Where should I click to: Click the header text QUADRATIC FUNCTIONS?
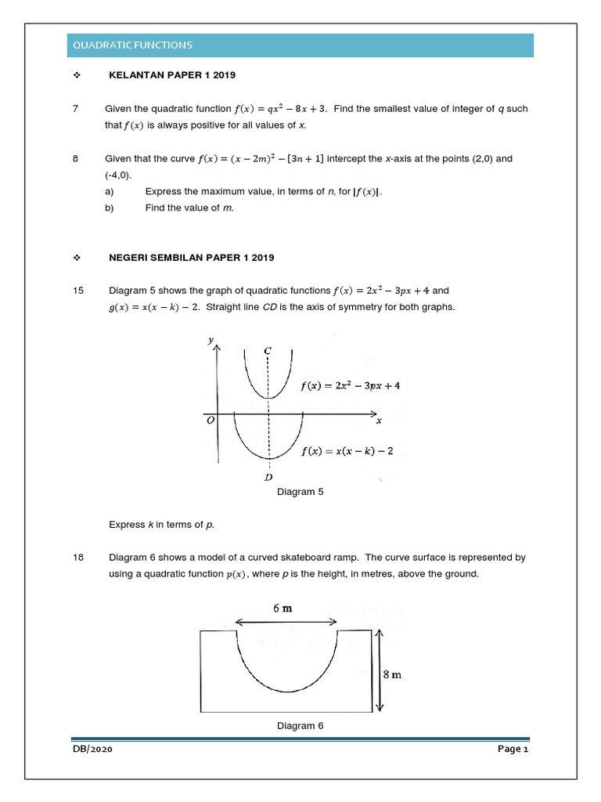(132, 45)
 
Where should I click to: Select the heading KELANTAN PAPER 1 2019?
(171, 75)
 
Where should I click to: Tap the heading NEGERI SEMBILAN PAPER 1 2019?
(191, 257)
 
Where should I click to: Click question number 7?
(75, 108)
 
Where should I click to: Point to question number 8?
(75, 158)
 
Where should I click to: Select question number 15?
(77, 291)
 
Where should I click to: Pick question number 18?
(77, 558)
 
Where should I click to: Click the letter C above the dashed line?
(268, 350)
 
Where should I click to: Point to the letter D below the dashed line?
(268, 476)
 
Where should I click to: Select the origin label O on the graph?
(210, 421)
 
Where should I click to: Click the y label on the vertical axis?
(211, 339)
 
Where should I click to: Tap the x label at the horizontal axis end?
(379, 421)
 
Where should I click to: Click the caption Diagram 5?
(300, 492)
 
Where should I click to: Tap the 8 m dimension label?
(392, 674)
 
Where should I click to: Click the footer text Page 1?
(514, 750)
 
